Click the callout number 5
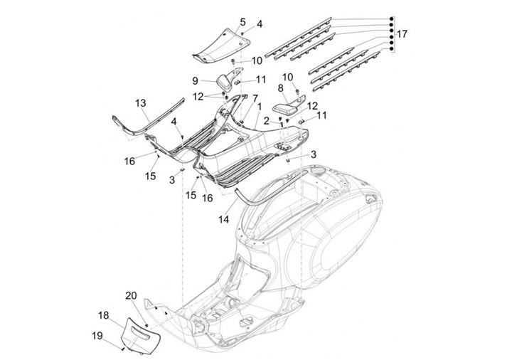[242, 22]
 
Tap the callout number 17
[402, 33]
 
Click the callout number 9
[195, 80]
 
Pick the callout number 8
[281, 88]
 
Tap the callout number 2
[267, 121]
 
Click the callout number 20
[131, 295]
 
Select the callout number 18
[103, 315]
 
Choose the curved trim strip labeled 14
[245, 186]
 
